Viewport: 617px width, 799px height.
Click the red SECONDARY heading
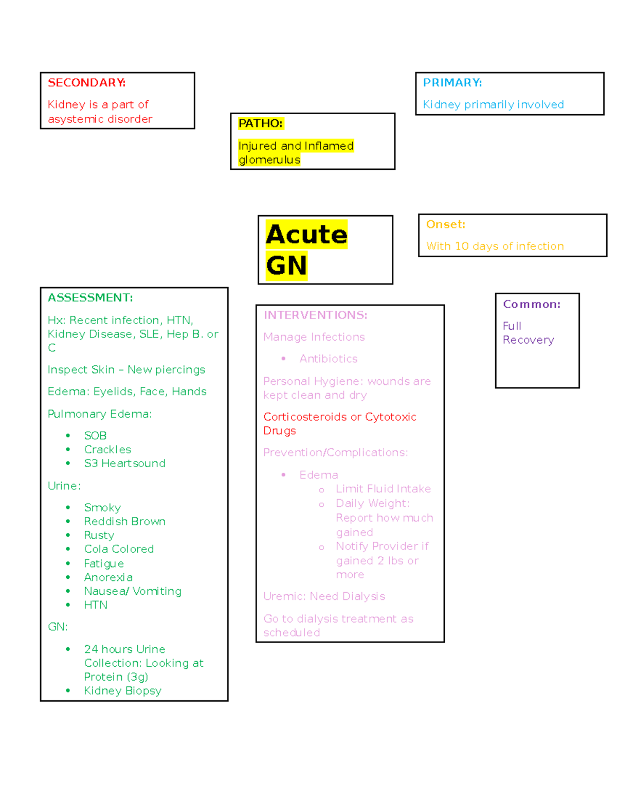pyautogui.click(x=86, y=83)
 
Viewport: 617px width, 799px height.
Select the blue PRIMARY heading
pyautogui.click(x=452, y=83)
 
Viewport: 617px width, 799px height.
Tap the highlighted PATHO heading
pyautogui.click(x=260, y=123)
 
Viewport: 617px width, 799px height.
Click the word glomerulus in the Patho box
pyautogui.click(x=269, y=160)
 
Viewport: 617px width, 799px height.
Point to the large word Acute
pyautogui.click(x=306, y=235)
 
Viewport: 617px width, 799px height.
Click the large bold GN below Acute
pyautogui.click(x=286, y=266)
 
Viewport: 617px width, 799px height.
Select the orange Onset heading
pyautogui.click(x=445, y=224)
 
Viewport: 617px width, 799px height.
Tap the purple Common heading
pyautogui.click(x=532, y=305)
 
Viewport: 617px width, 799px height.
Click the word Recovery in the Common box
pyautogui.click(x=528, y=340)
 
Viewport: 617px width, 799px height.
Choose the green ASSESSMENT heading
pyautogui.click(x=90, y=298)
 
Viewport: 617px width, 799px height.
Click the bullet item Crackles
pyautogui.click(x=107, y=450)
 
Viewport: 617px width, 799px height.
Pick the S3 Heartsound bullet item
pyautogui.click(x=124, y=464)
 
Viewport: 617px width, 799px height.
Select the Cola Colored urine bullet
pyautogui.click(x=119, y=549)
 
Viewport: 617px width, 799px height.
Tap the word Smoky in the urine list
pyautogui.click(x=102, y=508)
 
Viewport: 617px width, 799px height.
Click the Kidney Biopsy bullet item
pyautogui.click(x=122, y=691)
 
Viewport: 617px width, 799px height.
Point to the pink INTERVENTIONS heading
pyautogui.click(x=315, y=315)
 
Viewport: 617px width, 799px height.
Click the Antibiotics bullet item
pyautogui.click(x=329, y=359)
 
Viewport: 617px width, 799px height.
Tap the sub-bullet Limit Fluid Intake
pyautogui.click(x=383, y=489)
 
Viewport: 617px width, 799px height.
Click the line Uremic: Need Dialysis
pyautogui.click(x=324, y=596)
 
